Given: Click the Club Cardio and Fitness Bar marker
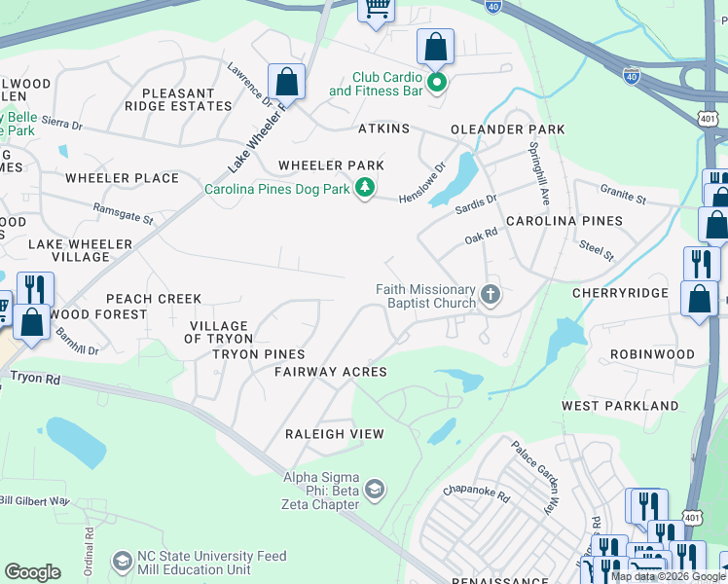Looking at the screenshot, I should [x=437, y=83].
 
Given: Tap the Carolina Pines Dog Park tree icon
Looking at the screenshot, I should [x=365, y=188].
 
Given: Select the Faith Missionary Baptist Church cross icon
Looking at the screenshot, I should [x=491, y=294].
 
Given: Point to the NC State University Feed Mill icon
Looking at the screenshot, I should [x=123, y=562].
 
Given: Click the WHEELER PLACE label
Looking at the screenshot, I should [x=122, y=178].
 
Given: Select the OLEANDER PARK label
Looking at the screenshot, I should [x=507, y=129].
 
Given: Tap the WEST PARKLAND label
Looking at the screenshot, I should [x=620, y=405].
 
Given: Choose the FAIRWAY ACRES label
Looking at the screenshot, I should [x=330, y=372].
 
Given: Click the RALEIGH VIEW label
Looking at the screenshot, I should [x=334, y=434].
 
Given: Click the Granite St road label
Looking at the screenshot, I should [x=623, y=198].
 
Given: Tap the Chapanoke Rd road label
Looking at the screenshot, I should [x=476, y=494].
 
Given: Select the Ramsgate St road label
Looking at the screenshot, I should [x=123, y=213].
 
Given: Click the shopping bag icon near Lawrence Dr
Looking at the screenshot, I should [x=286, y=82].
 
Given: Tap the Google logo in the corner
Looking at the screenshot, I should [x=32, y=572].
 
